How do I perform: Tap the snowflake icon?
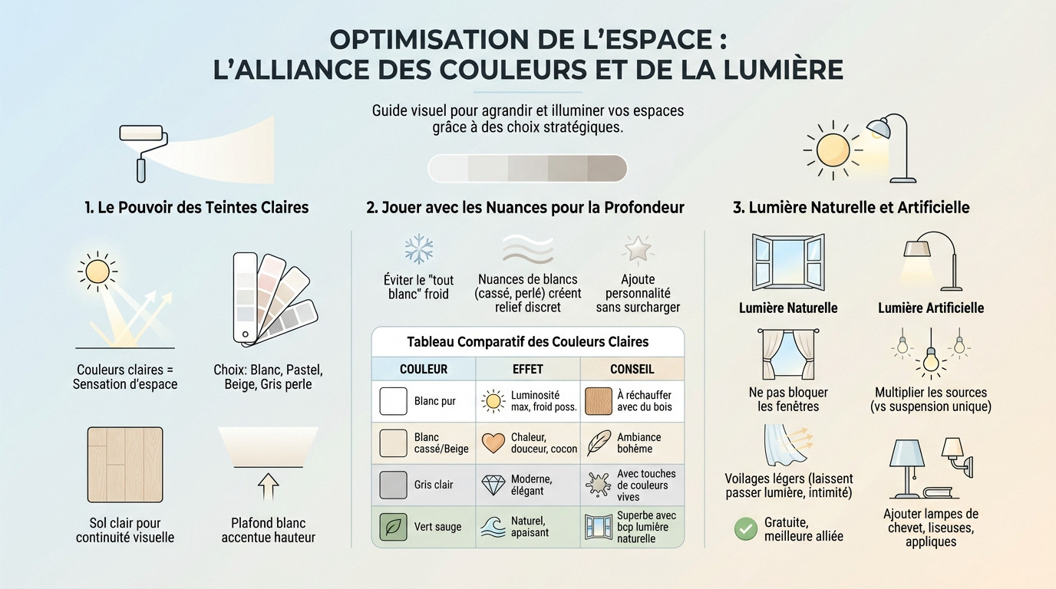pos(418,249)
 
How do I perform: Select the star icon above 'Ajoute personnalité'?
pos(637,249)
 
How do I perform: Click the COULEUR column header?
pos(424,369)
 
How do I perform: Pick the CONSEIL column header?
pos(632,369)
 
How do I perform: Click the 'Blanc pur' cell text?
pos(434,401)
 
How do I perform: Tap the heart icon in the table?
pos(493,443)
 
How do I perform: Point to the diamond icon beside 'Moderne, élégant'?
pos(493,485)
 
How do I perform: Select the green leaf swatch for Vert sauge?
pos(394,527)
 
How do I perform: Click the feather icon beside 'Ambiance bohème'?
pos(598,443)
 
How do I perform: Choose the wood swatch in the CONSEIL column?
pos(598,401)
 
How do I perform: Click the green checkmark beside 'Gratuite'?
pos(745,528)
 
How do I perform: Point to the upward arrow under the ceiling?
pos(268,486)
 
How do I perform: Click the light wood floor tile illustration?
pos(125,463)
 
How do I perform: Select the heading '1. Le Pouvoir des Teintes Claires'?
pos(196,207)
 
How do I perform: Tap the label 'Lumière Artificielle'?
pos(931,308)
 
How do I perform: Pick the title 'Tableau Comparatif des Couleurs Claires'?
pos(527,341)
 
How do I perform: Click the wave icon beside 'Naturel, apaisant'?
pos(493,527)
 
